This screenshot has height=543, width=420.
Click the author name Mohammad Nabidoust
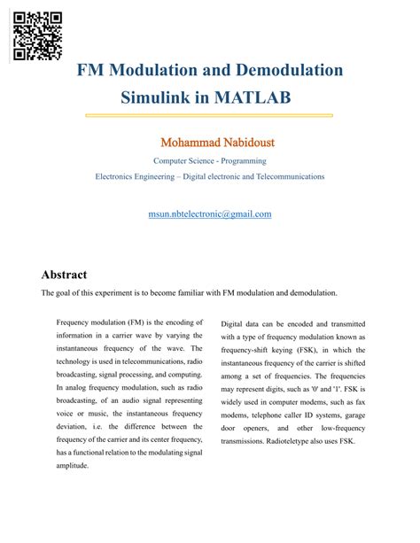pyautogui.click(x=209, y=142)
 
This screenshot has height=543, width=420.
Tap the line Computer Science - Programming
pyautogui.click(x=210, y=161)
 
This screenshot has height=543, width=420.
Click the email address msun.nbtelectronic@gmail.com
pyautogui.click(x=210, y=213)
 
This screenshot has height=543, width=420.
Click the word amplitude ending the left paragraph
pyautogui.click(x=72, y=466)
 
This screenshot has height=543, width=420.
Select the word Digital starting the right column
pyautogui.click(x=234, y=324)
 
